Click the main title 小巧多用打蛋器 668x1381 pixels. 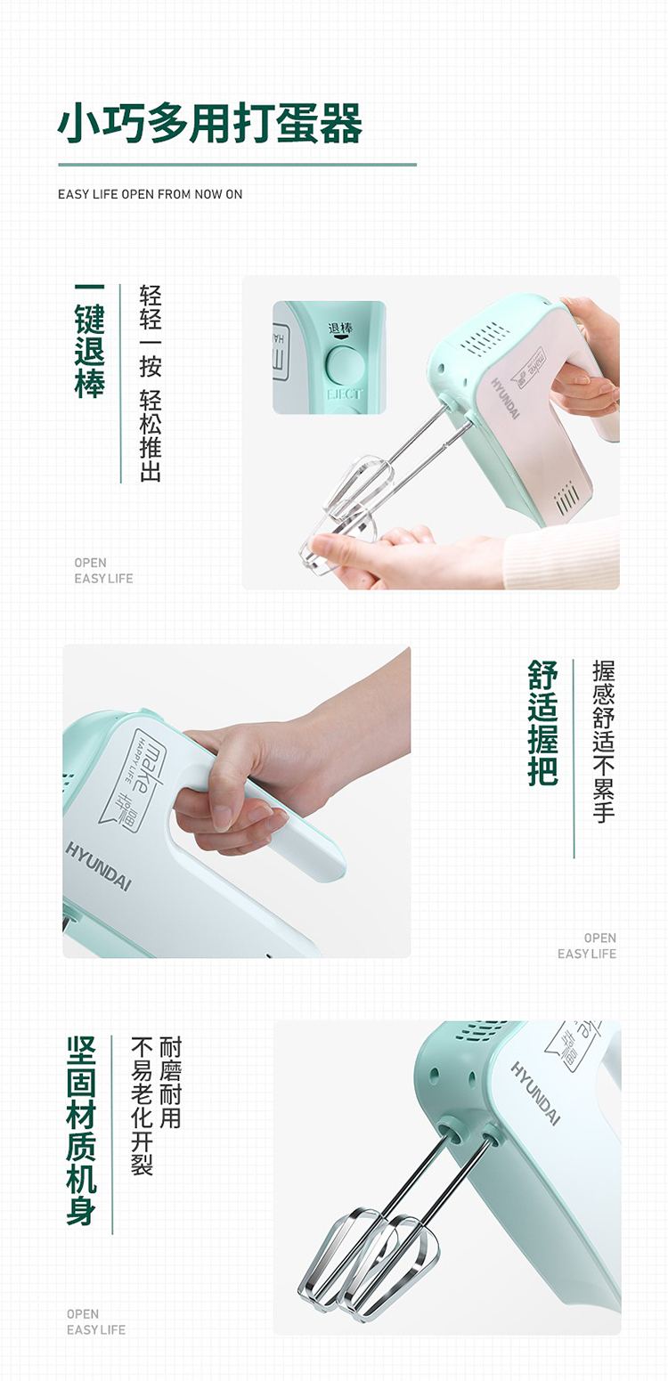(209, 123)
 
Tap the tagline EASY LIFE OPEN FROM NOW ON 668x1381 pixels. (150, 194)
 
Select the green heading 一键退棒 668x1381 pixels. (89, 341)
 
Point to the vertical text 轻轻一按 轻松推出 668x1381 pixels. (150, 383)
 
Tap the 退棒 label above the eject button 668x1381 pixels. (340, 328)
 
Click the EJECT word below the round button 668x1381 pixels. (345, 394)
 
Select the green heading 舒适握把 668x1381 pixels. (542, 723)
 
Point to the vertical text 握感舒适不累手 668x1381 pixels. (603, 741)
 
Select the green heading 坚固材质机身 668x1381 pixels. (81, 1130)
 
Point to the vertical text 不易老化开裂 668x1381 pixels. (142, 1106)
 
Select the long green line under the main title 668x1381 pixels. (238, 165)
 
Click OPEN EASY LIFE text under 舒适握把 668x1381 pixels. (587, 946)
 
